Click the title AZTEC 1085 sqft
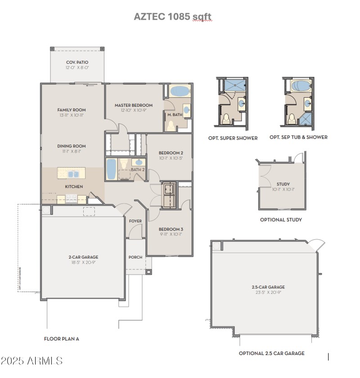tap(172, 17)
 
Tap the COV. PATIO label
tap(77, 62)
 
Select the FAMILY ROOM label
tap(72, 110)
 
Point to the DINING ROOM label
tap(72, 146)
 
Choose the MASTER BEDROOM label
tap(134, 105)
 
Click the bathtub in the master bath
tap(180, 91)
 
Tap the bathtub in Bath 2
tap(111, 169)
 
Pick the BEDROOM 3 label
tap(171, 229)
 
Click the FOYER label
tap(135, 221)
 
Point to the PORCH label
tap(135, 257)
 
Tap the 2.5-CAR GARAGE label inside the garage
tap(268, 287)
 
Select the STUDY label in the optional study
tap(283, 184)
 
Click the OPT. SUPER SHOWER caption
tap(233, 138)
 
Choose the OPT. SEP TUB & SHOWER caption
tap(298, 137)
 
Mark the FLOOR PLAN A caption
tap(64, 338)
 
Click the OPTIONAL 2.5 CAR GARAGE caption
tap(271, 353)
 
